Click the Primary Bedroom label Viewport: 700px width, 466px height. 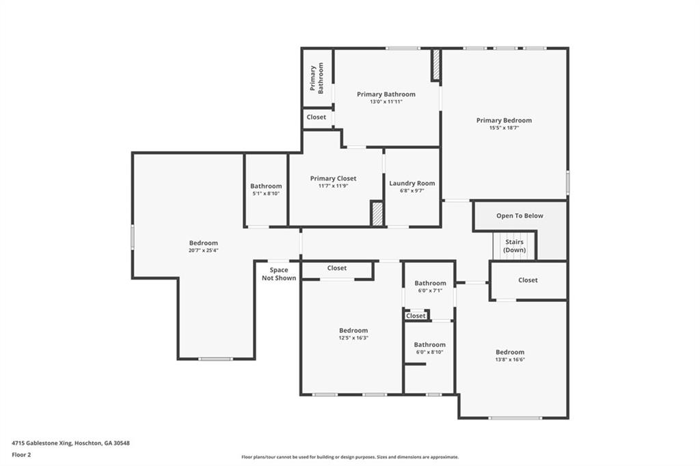(504, 120)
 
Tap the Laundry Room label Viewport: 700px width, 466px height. (412, 183)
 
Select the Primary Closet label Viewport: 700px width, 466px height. (333, 178)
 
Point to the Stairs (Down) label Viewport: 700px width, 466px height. (515, 245)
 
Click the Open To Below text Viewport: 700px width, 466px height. (520, 216)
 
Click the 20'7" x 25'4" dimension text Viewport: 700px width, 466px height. (204, 251)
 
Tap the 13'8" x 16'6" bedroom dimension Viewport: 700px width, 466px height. (510, 359)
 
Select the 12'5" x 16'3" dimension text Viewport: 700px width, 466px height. (353, 338)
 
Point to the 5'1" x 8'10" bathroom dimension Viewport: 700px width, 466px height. (266, 193)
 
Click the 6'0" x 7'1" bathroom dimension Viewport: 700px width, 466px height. (430, 290)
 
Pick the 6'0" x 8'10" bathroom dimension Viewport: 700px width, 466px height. (429, 352)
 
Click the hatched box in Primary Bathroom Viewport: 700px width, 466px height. (435, 65)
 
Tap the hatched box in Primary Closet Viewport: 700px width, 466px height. (377, 213)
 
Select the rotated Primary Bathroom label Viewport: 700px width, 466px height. (317, 78)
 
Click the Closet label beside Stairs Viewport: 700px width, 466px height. (528, 280)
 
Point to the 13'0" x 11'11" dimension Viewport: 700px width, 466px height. (386, 102)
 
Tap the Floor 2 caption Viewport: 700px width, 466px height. (22, 454)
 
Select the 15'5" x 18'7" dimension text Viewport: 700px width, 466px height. (504, 128)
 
